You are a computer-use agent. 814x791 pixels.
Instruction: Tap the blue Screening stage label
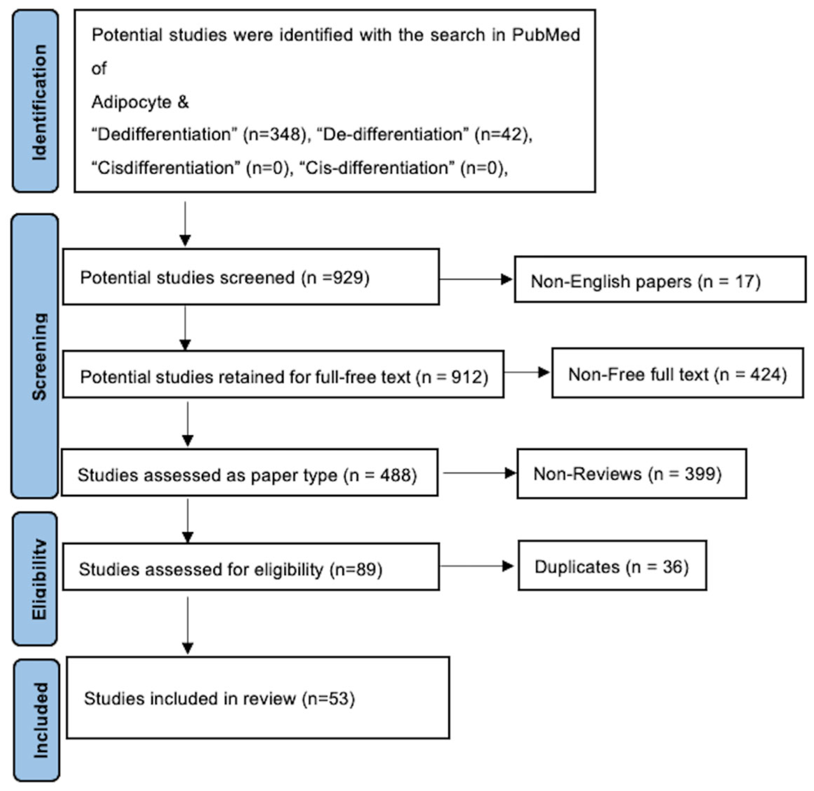[35, 356]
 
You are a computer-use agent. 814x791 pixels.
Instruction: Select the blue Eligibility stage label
[35, 579]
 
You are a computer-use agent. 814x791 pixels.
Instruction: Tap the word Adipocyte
[131, 102]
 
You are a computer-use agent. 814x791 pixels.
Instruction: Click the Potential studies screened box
[251, 277]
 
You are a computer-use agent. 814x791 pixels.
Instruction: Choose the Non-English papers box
[660, 280]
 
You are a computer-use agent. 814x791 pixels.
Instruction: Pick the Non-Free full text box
[677, 374]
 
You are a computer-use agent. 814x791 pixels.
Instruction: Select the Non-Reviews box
[631, 473]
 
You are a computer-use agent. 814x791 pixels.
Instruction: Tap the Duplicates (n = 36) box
[612, 566]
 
